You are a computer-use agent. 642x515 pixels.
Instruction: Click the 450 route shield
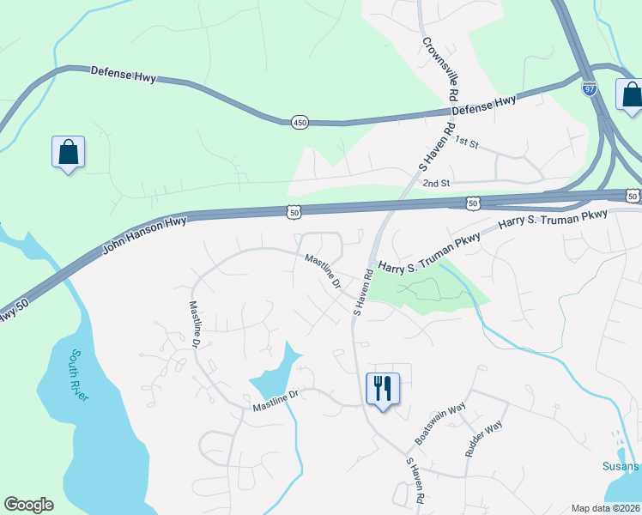click(x=299, y=123)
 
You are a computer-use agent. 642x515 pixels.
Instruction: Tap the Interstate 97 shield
click(x=589, y=89)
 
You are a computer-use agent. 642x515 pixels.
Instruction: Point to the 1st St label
click(x=465, y=140)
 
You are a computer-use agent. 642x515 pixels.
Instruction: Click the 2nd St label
click(x=436, y=183)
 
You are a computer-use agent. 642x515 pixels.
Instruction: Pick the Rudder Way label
click(x=483, y=437)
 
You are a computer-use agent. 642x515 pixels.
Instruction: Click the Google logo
click(x=28, y=505)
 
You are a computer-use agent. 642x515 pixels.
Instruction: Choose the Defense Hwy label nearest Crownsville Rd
click(x=484, y=105)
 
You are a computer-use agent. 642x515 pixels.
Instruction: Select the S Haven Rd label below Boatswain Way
click(x=415, y=480)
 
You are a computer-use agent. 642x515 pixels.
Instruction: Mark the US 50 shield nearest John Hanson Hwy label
click(x=294, y=211)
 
